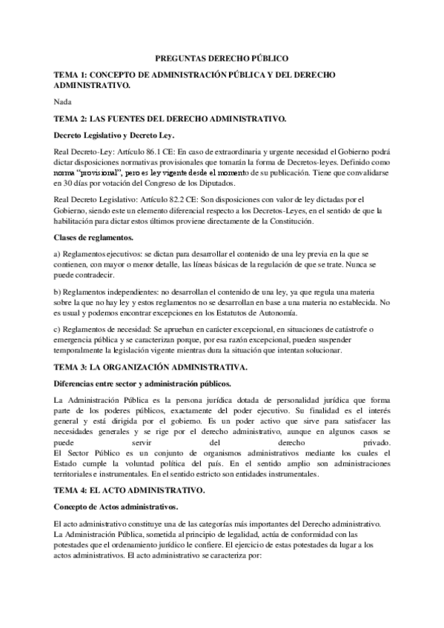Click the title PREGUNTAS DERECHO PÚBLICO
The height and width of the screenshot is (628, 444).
[221, 57]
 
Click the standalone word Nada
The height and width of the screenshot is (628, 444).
[64, 101]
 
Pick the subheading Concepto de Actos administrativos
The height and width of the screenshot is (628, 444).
[116, 507]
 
